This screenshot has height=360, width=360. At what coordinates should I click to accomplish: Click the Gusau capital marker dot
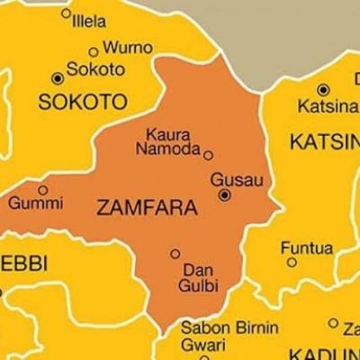pos(224,194)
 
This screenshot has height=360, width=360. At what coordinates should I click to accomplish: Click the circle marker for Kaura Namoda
pos(209,155)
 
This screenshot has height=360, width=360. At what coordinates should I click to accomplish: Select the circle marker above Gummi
pos(43,190)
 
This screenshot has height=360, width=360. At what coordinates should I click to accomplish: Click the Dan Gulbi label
pos(197,277)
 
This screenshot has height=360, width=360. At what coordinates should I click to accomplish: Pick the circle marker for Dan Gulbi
pos(175,254)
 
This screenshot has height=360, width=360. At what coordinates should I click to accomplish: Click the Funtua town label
pos(306,247)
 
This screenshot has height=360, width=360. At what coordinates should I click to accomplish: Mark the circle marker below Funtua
pos(291,262)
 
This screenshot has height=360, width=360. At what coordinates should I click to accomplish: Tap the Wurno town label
pos(127,48)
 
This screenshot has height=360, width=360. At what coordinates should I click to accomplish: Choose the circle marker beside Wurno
pos(93,52)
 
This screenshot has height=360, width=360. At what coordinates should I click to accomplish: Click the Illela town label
pos(88,20)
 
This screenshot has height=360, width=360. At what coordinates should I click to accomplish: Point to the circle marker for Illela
pos(66,13)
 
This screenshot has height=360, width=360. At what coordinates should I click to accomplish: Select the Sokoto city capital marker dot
pos(58,78)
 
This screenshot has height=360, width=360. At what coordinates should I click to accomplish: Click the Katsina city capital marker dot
pos(323,89)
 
